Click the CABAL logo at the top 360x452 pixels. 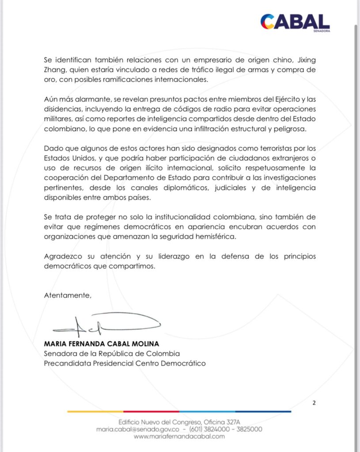[x=295, y=21]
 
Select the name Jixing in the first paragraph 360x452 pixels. [x=305, y=60]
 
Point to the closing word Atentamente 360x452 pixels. [x=68, y=295]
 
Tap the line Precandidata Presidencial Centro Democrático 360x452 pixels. [x=125, y=363]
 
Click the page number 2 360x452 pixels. [x=314, y=403]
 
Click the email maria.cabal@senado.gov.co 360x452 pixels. [x=137, y=429]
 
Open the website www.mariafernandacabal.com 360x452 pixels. [x=179, y=436]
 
